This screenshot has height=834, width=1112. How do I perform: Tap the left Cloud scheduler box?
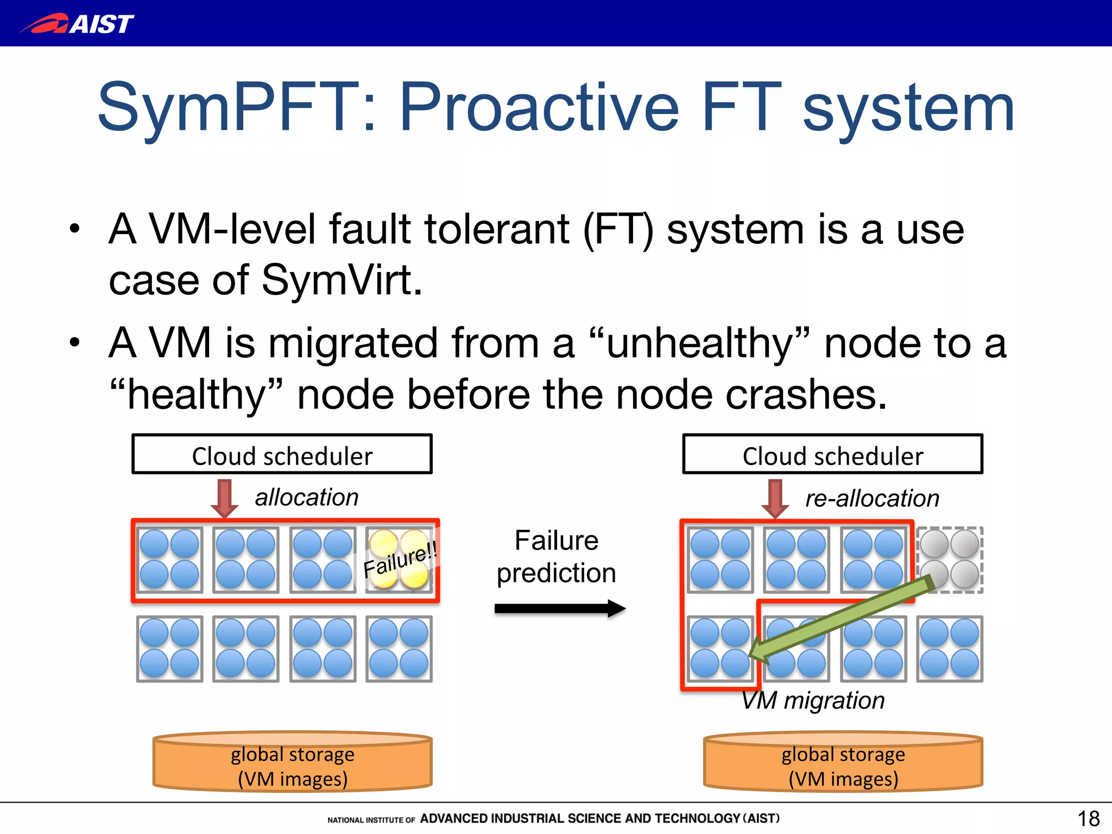pyautogui.click(x=282, y=454)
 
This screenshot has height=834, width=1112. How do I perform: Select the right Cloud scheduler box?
pyautogui.click(x=832, y=454)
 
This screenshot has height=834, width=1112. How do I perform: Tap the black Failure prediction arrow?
pyautogui.click(x=559, y=609)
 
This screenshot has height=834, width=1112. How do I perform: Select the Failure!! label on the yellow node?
pyautogui.click(x=400, y=560)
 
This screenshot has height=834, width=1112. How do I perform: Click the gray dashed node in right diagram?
pyautogui.click(x=950, y=559)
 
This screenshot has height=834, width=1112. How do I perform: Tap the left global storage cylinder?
pyautogui.click(x=293, y=761)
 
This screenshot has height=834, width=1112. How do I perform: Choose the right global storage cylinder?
pyautogui.click(x=843, y=761)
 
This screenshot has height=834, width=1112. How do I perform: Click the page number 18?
pyautogui.click(x=1088, y=818)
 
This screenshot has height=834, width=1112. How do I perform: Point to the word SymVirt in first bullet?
pyautogui.click(x=342, y=281)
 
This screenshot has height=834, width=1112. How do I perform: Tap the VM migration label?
pyautogui.click(x=813, y=700)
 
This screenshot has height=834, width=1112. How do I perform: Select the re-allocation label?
pyautogui.click(x=872, y=498)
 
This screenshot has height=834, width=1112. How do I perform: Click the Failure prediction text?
pyautogui.click(x=557, y=557)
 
